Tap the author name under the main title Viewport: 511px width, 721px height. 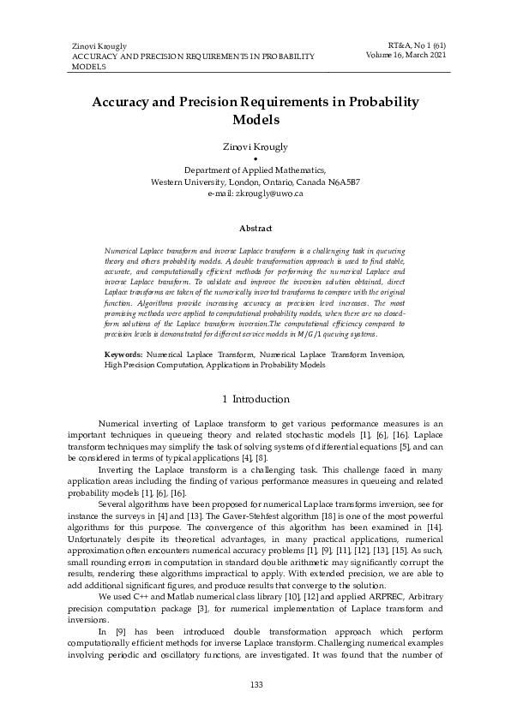pyautogui.click(x=255, y=147)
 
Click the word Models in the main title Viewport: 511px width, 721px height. pyautogui.click(x=255, y=120)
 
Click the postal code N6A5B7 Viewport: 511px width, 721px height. pyautogui.click(x=340, y=182)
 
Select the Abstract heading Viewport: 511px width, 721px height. pyautogui.click(x=255, y=229)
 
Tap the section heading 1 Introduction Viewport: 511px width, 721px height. pyautogui.click(x=255, y=399)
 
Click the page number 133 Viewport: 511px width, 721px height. pyautogui.click(x=255, y=684)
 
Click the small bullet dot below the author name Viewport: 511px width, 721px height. pyautogui.click(x=255, y=159)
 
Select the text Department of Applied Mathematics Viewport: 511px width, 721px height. pyautogui.click(x=255, y=170)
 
